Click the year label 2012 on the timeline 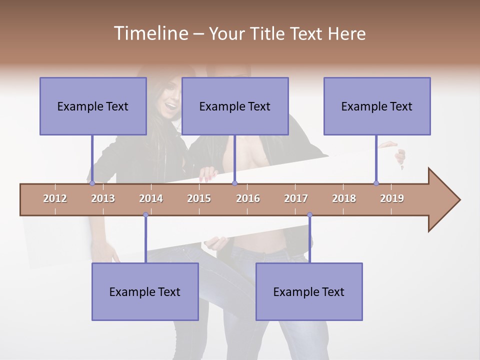click(x=55, y=198)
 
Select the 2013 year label click(x=103, y=198)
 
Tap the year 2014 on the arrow click(x=151, y=198)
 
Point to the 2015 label click(x=199, y=198)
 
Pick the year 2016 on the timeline click(x=248, y=198)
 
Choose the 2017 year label click(x=296, y=198)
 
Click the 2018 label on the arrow click(x=344, y=198)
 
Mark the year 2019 click(x=392, y=198)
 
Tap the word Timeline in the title click(x=150, y=33)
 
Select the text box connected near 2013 click(x=93, y=106)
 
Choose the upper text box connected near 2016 click(x=235, y=106)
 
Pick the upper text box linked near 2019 click(x=377, y=106)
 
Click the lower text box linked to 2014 click(x=145, y=291)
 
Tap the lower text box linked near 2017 click(x=309, y=291)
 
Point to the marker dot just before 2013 click(x=92, y=183)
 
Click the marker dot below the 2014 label click(x=145, y=215)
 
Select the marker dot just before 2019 click(x=376, y=183)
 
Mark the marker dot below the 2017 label click(x=309, y=215)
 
